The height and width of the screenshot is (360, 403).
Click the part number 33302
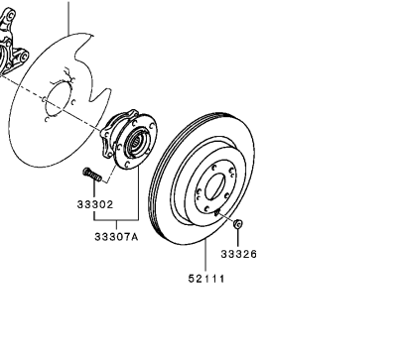tap(95, 205)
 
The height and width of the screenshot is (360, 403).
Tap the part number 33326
tap(238, 255)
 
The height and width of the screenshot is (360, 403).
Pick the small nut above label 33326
tap(238, 226)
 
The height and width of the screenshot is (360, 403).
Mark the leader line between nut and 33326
tap(238, 239)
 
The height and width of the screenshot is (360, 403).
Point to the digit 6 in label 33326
tap(253, 255)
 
